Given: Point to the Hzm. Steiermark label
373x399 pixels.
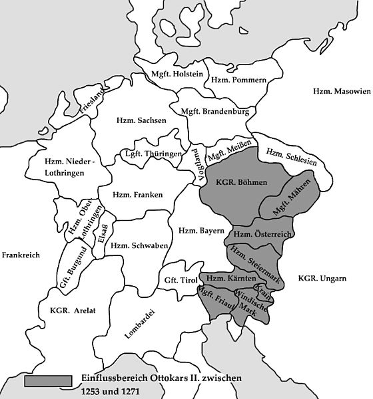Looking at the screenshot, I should click(x=254, y=261).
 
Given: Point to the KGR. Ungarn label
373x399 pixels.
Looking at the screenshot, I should click(x=323, y=277).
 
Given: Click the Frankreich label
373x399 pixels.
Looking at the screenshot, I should click(x=21, y=255).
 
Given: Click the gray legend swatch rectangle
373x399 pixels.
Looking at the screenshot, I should click(x=48, y=380).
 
